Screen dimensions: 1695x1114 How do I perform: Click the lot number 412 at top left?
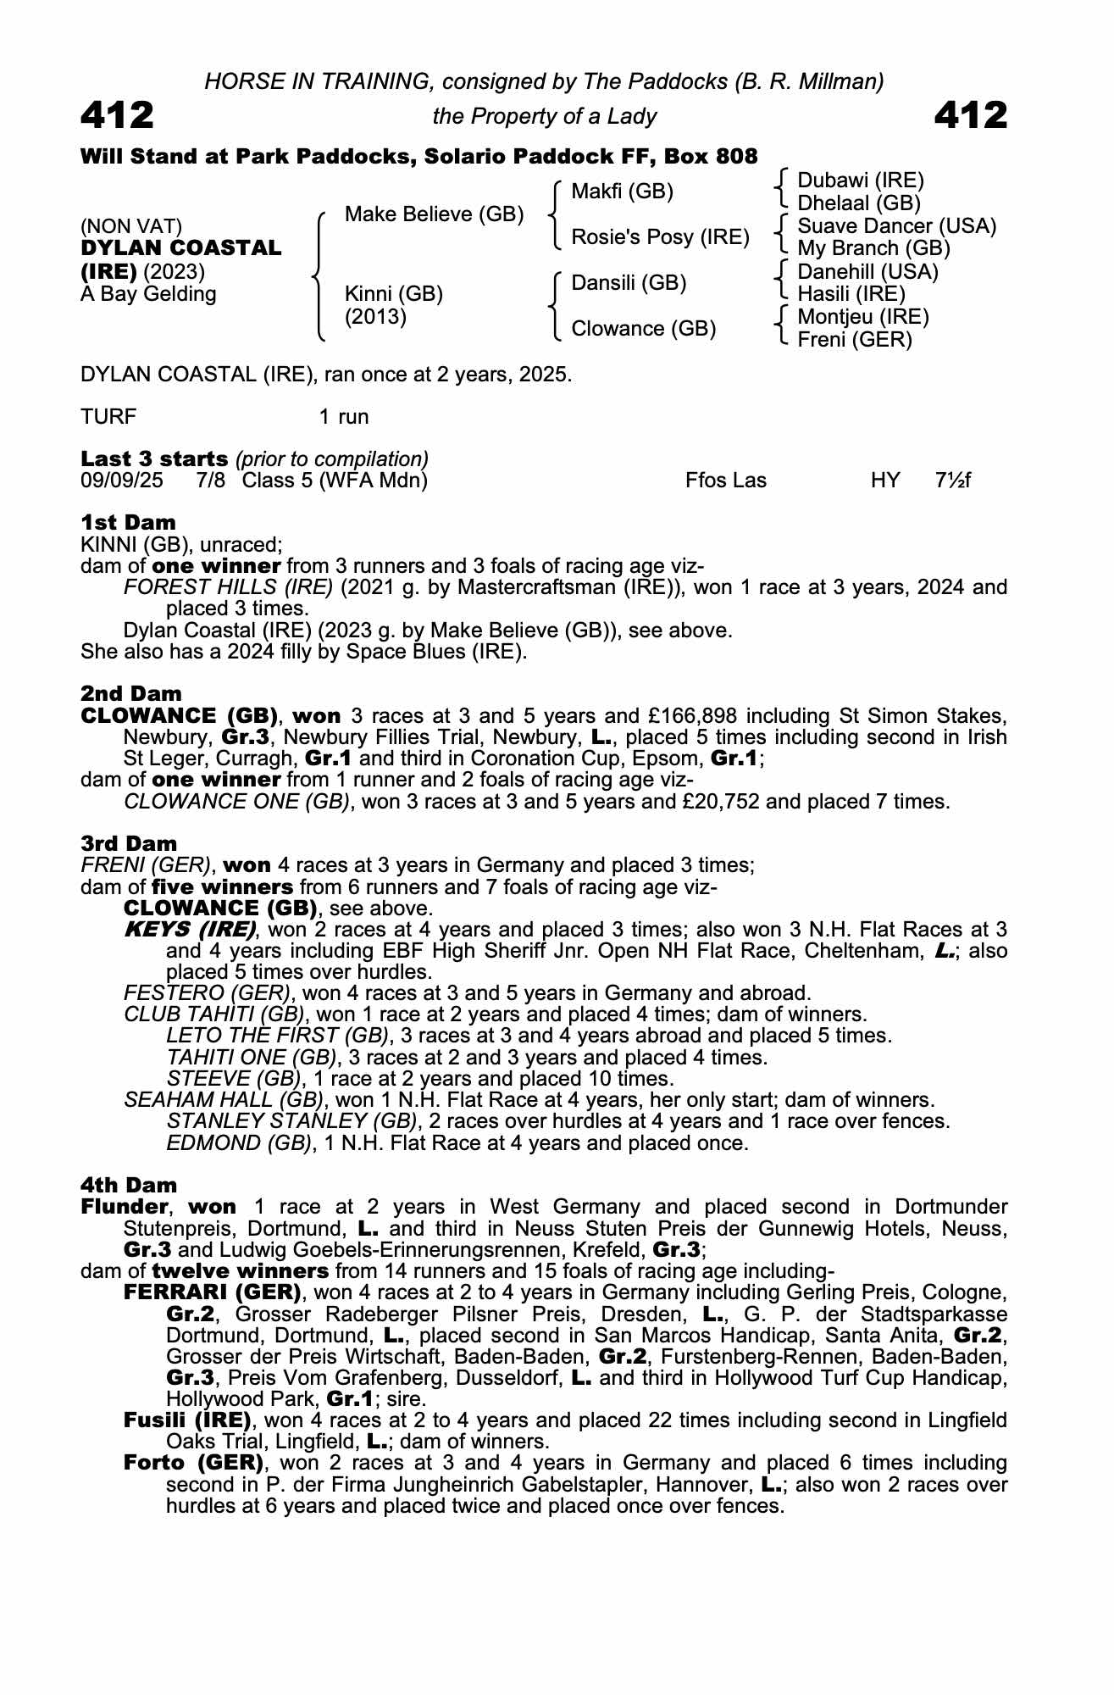pos(117,115)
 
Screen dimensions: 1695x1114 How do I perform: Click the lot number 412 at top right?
pos(971,115)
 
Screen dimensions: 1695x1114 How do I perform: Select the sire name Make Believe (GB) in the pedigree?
pos(434,214)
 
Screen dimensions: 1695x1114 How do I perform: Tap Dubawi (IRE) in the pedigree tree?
pos(861,181)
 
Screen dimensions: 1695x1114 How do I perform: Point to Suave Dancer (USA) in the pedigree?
pos(896,226)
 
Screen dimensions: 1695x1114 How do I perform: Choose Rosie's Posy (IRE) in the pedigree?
pos(660,237)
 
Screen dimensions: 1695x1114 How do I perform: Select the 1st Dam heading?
pos(128,522)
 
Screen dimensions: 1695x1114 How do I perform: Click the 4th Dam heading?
pos(129,1185)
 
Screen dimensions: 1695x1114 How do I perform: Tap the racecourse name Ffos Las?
pos(725,481)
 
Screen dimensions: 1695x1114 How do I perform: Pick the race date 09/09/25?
pos(122,481)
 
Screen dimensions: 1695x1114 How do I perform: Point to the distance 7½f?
pos(952,481)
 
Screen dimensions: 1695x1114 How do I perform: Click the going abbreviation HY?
pos(885,481)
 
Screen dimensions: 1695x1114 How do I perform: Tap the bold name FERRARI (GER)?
pos(213,1292)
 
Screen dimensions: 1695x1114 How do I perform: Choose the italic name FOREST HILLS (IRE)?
pos(228,587)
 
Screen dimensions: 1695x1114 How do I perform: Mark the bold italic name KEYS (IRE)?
pos(190,929)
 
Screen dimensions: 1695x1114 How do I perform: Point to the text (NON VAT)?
pos(131,226)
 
